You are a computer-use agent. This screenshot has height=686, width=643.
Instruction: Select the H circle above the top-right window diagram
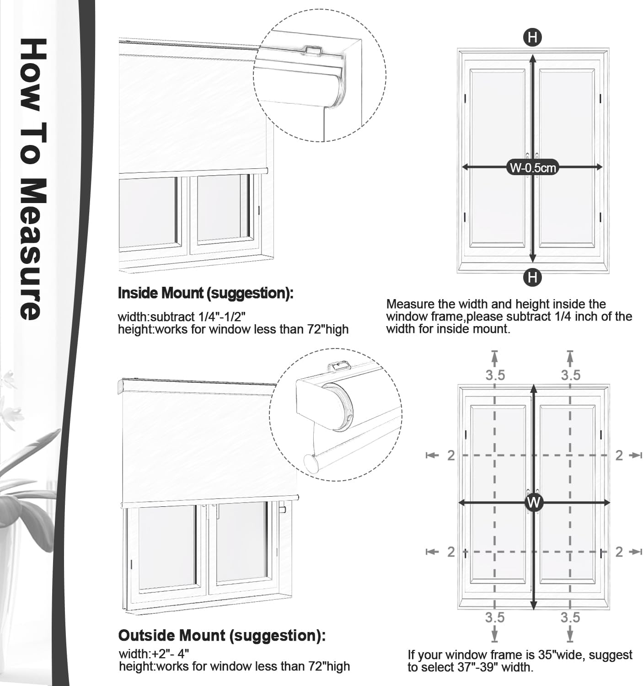[532, 38]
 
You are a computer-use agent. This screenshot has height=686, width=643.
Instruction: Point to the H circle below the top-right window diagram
[532, 277]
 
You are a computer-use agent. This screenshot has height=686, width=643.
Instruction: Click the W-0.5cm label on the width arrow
[533, 168]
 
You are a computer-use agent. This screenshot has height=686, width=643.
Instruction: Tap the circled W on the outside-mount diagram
[534, 503]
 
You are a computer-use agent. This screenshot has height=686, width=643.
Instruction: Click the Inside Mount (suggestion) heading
[205, 293]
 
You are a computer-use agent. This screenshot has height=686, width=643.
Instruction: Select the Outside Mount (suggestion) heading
[222, 635]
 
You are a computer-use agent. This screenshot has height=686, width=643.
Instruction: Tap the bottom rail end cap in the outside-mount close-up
[311, 464]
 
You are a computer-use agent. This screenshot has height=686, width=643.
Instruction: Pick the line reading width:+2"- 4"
[154, 654]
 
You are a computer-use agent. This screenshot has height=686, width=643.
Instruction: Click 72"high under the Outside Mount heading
[327, 666]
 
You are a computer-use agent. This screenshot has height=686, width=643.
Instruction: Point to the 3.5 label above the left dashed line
[495, 375]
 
